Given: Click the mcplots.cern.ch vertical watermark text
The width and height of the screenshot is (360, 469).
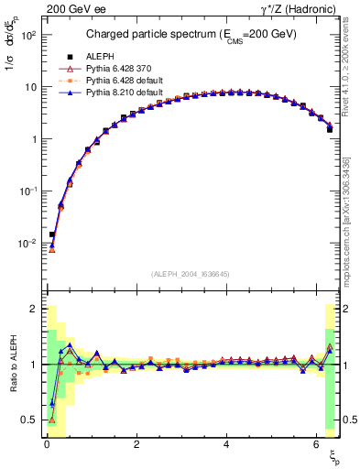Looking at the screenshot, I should coord(351,211).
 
